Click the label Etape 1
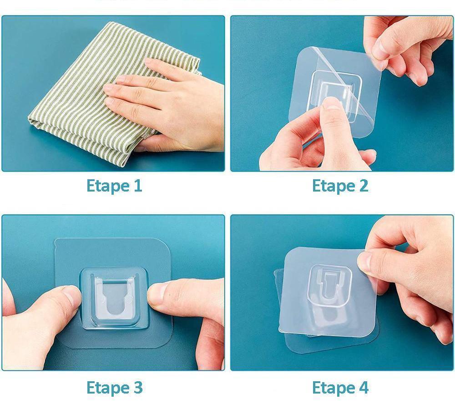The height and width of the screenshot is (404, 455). point(114,186)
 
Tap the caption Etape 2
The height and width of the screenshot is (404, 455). point(340,186)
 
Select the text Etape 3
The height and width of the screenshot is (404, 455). point(114,388)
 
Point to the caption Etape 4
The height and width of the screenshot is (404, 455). point(340,388)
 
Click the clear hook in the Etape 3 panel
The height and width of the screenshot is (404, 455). point(114,299)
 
